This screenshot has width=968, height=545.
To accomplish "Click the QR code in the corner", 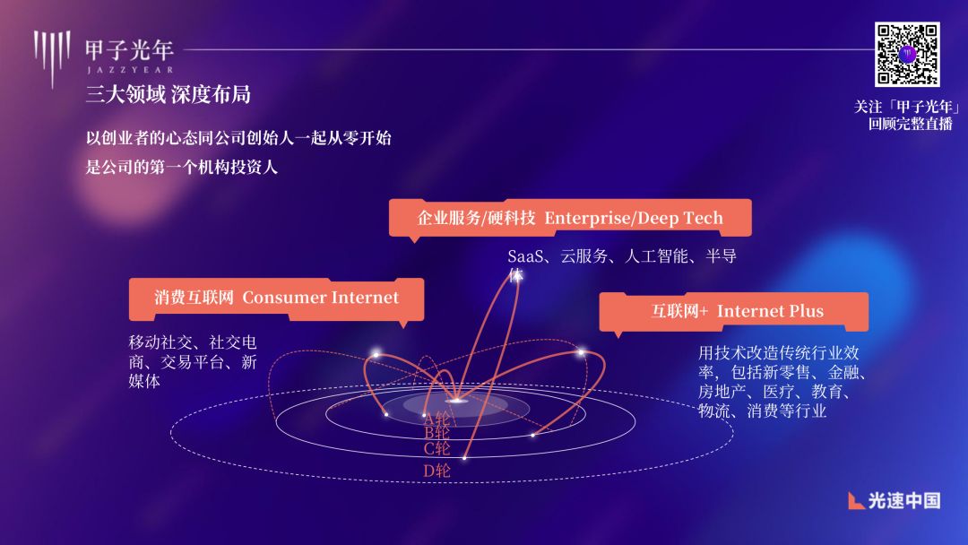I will tap(906, 55).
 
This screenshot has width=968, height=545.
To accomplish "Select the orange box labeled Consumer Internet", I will tap(276, 298).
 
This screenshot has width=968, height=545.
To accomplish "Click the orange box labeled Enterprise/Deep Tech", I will tap(570, 218).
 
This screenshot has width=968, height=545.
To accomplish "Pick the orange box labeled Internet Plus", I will tap(733, 311).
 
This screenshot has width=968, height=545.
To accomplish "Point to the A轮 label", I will tap(436, 419).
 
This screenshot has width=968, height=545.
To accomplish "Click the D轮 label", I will tap(436, 471).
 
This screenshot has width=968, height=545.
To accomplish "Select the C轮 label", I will tap(436, 448).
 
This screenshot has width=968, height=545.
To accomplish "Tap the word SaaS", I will tap(526, 257).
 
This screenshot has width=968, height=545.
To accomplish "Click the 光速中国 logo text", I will tap(904, 500).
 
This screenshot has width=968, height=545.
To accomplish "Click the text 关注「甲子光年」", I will tap(906, 107).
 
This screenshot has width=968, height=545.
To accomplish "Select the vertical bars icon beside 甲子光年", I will tap(52, 56).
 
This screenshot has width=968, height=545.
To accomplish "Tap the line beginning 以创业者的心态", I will tap(238, 139).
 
